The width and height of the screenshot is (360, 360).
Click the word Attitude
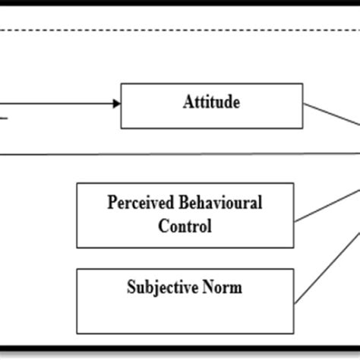(211, 102)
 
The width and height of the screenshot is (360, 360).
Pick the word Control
(185, 226)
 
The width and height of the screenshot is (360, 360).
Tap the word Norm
(224, 289)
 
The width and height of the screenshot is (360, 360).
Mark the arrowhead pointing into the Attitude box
(116, 103)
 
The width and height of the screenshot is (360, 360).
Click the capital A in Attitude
(188, 102)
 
